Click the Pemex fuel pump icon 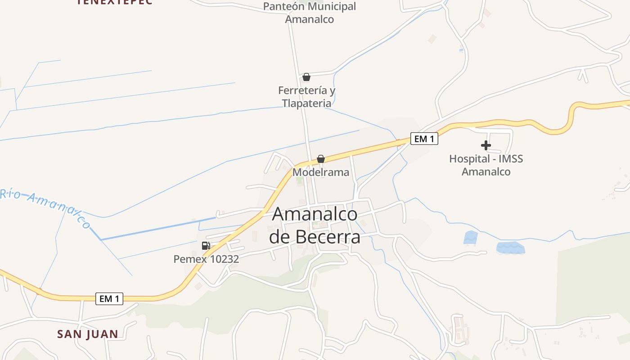click(206, 246)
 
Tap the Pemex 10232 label click(206, 259)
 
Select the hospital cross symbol click(486, 145)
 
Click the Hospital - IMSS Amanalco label click(486, 165)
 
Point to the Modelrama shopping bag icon click(321, 159)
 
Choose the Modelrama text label click(321, 172)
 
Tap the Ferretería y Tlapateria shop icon click(306, 77)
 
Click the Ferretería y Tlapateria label click(306, 97)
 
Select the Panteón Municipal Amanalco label click(310, 13)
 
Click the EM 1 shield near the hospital click(424, 139)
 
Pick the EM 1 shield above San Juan click(109, 298)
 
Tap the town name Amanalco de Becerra click(315, 225)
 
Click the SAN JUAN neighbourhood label click(88, 334)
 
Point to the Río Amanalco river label click(45, 207)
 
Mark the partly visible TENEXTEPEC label click(115, 2)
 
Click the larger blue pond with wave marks click(510, 247)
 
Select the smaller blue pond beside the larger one click(471, 238)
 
